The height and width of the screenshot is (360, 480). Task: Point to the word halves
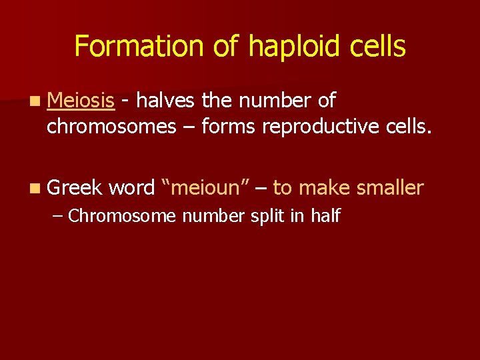click(x=166, y=101)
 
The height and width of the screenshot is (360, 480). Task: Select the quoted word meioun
click(x=205, y=188)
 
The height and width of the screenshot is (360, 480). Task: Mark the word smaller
click(x=390, y=188)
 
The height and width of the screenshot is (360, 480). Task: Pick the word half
click(x=325, y=216)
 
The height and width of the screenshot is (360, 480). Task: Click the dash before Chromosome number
click(x=57, y=216)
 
